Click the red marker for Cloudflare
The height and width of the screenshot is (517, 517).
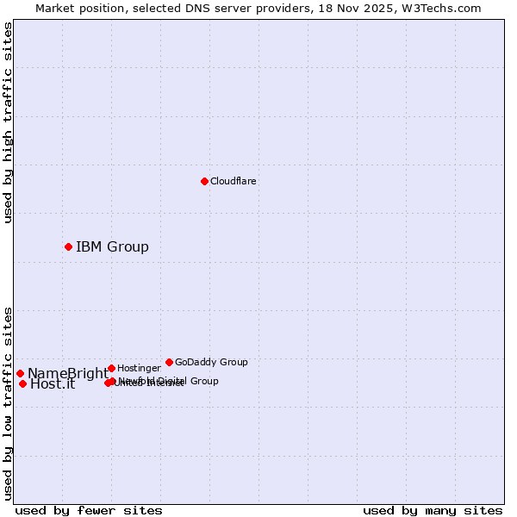[x=204, y=181]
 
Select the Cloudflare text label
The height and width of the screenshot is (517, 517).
[x=233, y=182]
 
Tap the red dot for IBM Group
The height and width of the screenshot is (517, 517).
[x=68, y=246]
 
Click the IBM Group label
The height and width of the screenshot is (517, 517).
[x=112, y=247]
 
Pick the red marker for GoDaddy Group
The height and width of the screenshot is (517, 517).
[x=169, y=362]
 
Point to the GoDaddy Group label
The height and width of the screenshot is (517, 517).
[x=211, y=363]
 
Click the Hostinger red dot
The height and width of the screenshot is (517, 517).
[x=111, y=368]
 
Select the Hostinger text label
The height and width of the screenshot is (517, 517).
[x=139, y=369]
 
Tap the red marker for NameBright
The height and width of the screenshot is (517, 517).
[x=20, y=373]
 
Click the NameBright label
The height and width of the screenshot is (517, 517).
[x=67, y=374]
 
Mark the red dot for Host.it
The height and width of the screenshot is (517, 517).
[x=22, y=383]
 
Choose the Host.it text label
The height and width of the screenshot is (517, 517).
[x=53, y=384]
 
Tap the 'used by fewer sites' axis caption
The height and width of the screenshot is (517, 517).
[x=89, y=511]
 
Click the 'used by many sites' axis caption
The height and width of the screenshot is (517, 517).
[x=433, y=511]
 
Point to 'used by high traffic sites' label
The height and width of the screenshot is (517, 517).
[x=8, y=122]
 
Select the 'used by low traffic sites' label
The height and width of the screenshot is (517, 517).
[x=8, y=403]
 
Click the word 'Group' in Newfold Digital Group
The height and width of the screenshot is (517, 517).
[x=204, y=381]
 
